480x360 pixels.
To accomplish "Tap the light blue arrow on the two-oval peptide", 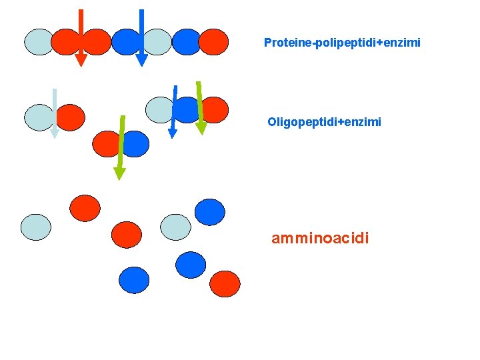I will click(54, 113).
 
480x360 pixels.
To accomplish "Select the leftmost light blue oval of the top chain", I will click(39, 41).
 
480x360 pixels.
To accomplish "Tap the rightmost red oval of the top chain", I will click(213, 41).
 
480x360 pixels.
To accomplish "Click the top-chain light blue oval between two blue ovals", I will click(157, 41).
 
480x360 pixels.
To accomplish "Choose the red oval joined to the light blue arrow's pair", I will click(71, 117).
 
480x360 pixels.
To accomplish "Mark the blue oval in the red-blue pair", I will click(136, 143).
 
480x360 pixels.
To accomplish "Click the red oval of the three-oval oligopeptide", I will click(215, 110).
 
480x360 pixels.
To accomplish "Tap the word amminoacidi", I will click(319, 238).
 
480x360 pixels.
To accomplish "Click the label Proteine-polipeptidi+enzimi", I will click(342, 43).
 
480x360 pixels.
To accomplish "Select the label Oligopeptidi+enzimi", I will click(324, 122).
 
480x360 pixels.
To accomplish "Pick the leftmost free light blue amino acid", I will click(35, 227).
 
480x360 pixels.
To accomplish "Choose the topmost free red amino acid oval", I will click(85, 207).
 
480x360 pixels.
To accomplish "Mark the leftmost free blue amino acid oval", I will click(134, 280).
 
